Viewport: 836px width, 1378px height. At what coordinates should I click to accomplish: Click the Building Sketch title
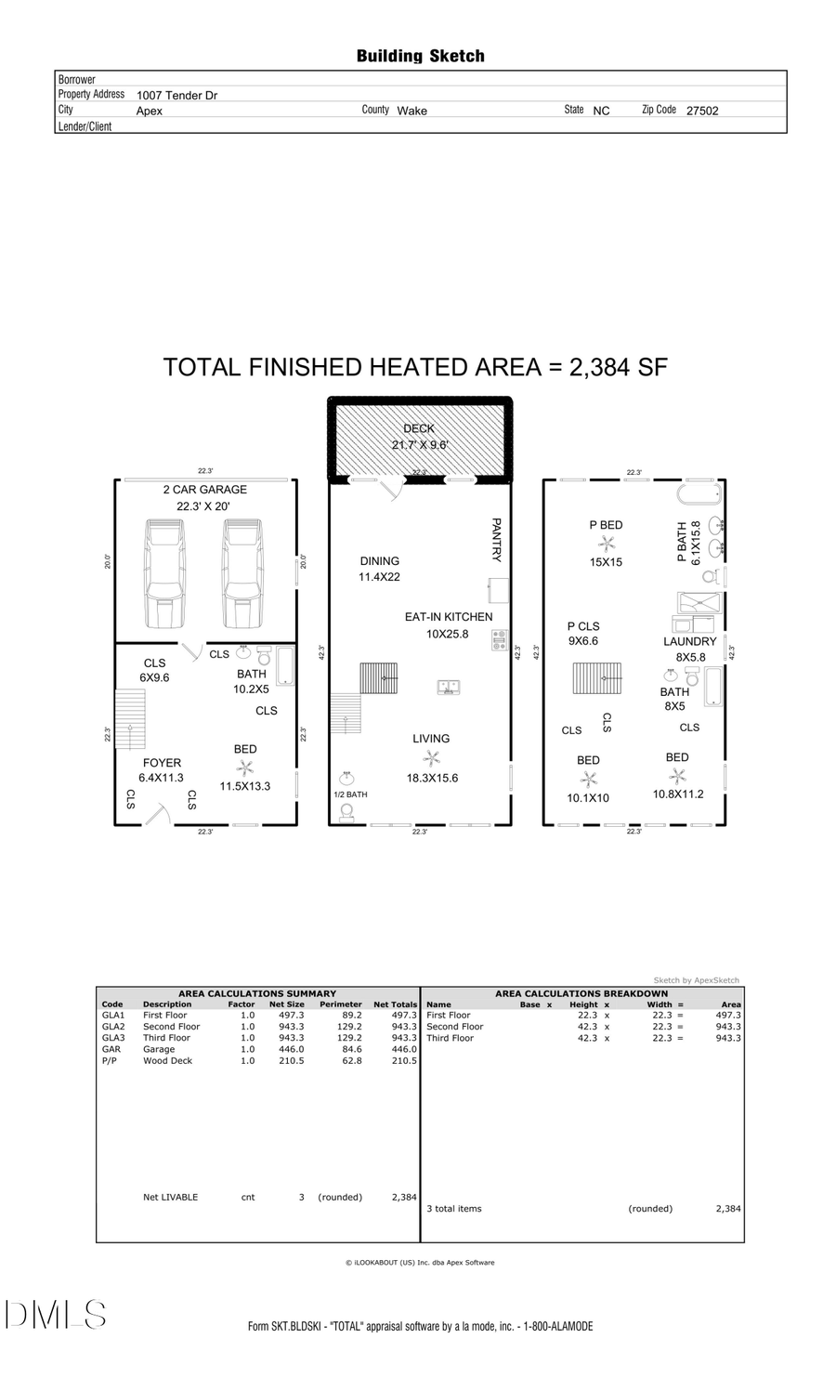click(420, 56)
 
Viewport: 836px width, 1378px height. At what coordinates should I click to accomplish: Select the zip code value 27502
click(702, 111)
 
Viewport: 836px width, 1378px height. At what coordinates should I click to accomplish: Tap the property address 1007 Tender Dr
click(176, 95)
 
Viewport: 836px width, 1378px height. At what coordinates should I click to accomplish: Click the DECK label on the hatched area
click(419, 428)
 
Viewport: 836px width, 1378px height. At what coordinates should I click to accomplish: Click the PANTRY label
click(496, 540)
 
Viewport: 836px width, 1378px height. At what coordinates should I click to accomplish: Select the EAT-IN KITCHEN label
click(449, 617)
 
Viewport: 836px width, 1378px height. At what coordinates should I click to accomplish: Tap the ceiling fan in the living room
click(431, 759)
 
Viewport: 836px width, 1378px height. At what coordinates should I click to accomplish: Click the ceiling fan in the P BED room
click(607, 544)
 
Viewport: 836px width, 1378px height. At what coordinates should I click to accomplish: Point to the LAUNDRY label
click(689, 642)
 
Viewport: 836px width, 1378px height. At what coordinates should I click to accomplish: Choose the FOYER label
click(162, 763)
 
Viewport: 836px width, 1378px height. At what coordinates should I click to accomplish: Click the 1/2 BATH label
click(350, 794)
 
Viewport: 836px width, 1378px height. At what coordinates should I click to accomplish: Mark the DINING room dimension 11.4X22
click(379, 577)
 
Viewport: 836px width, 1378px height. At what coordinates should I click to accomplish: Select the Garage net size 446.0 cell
click(290, 1049)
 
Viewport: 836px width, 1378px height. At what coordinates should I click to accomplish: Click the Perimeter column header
click(340, 1004)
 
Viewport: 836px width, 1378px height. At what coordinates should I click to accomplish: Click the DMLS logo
click(55, 1315)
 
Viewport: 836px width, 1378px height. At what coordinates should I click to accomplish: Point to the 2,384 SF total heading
click(415, 367)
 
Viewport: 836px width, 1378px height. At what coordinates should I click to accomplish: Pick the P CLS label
click(583, 626)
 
